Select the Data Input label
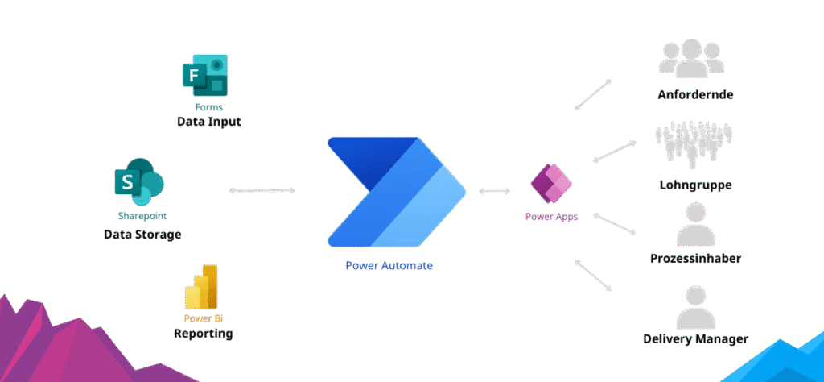(209, 122)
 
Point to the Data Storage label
(142, 235)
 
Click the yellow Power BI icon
(202, 287)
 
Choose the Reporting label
(204, 333)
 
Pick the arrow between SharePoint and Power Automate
(262, 191)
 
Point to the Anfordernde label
(695, 94)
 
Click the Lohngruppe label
(695, 184)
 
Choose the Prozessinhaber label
(695, 259)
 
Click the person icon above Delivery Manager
(695, 307)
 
